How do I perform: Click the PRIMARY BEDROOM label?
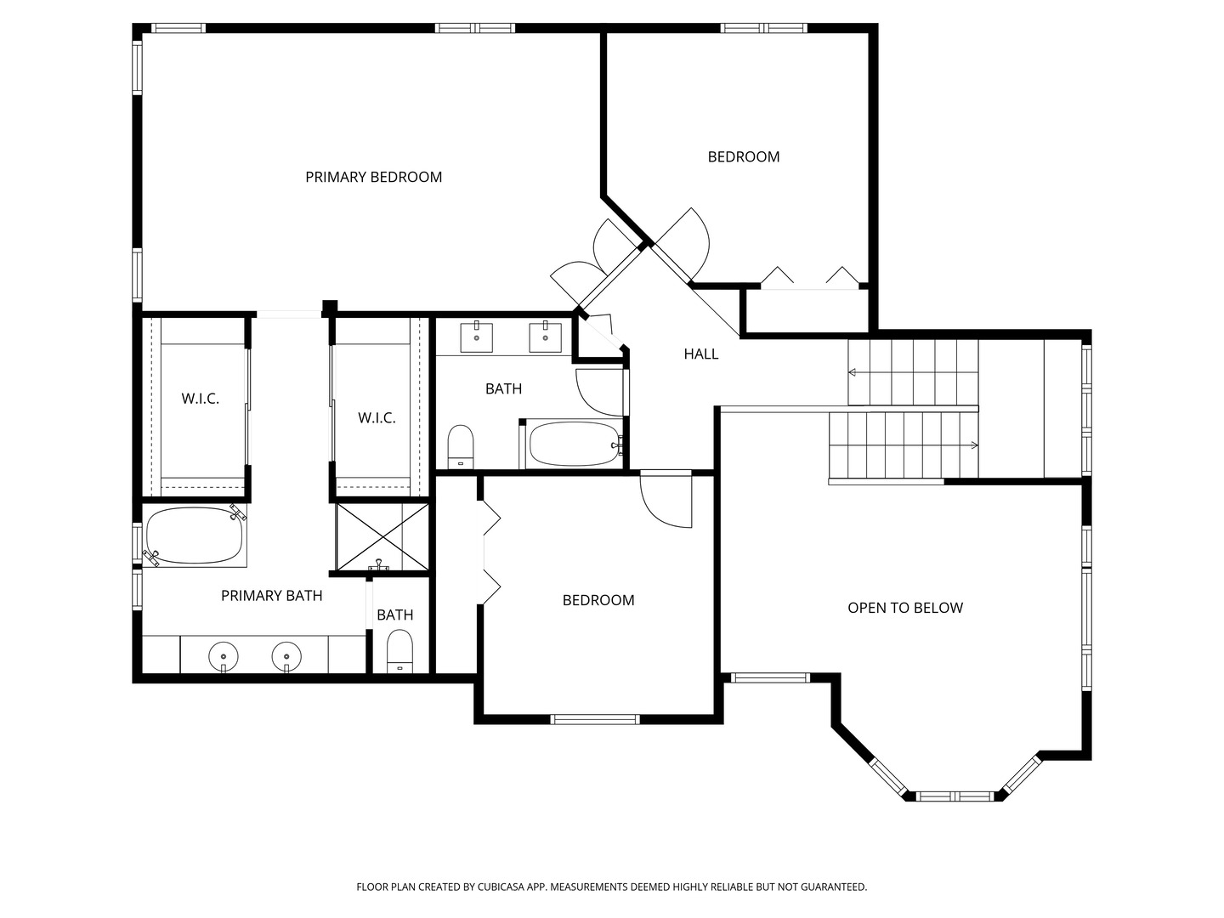pos(374,178)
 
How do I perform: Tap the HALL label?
pos(701,354)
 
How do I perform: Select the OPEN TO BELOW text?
pos(905,608)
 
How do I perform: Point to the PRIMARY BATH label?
pos(271,596)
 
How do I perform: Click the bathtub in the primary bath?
pos(195,535)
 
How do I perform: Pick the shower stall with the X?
pos(382,536)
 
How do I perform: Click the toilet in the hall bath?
pos(461,447)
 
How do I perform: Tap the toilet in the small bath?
pos(399,651)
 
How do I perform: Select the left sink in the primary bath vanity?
pos(224,656)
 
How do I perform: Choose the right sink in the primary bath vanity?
pos(286,656)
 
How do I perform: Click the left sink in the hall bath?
pos(476,337)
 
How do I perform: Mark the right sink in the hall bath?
pos(546,337)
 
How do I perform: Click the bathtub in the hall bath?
pos(575,445)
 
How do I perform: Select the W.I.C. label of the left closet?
pos(201,399)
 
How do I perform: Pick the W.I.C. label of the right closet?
pos(377,417)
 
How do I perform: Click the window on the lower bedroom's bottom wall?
pos(595,720)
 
